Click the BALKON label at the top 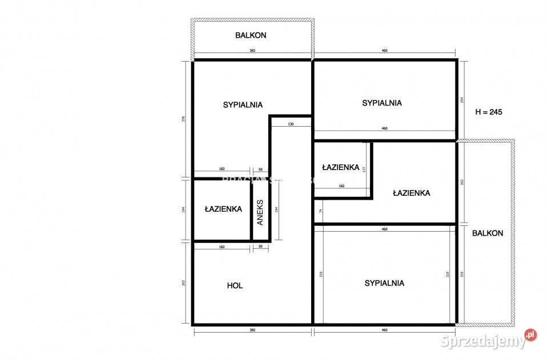251,35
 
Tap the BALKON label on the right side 487,233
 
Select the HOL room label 235,285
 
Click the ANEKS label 260,212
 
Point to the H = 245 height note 489,112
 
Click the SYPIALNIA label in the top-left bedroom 243,104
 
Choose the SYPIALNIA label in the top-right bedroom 382,103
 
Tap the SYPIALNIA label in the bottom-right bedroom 384,282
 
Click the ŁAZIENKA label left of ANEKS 223,209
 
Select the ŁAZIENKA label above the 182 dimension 340,167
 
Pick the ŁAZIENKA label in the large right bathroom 411,193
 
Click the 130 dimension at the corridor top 291,124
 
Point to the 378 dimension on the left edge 183,119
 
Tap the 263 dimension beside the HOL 183,284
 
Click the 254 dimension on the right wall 462,99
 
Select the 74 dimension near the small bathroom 321,211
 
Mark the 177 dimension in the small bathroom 364,169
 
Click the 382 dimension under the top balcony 252,51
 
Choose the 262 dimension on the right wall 462,182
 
